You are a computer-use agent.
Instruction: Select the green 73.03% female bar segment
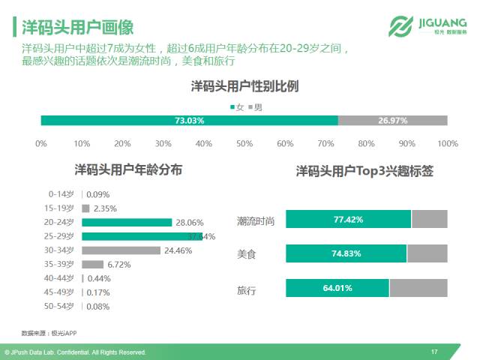tap(189, 121)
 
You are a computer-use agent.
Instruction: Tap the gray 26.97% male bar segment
tap(392, 121)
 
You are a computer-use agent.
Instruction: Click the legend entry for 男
tap(255, 107)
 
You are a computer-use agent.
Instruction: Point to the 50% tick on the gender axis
tap(244, 143)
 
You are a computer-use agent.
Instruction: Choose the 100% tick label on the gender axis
tap(447, 143)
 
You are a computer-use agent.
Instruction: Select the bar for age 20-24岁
tap(127, 222)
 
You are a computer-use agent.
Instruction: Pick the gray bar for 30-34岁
tap(121, 250)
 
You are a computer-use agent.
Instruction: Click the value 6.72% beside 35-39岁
tap(118, 265)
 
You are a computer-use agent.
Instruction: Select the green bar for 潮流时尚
tap(348, 220)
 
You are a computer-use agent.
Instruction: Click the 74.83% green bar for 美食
tap(346, 253)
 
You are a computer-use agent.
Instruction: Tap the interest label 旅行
tap(247, 289)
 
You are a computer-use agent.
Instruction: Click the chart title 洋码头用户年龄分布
tap(127, 170)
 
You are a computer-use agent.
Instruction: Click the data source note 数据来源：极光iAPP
tap(49, 332)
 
